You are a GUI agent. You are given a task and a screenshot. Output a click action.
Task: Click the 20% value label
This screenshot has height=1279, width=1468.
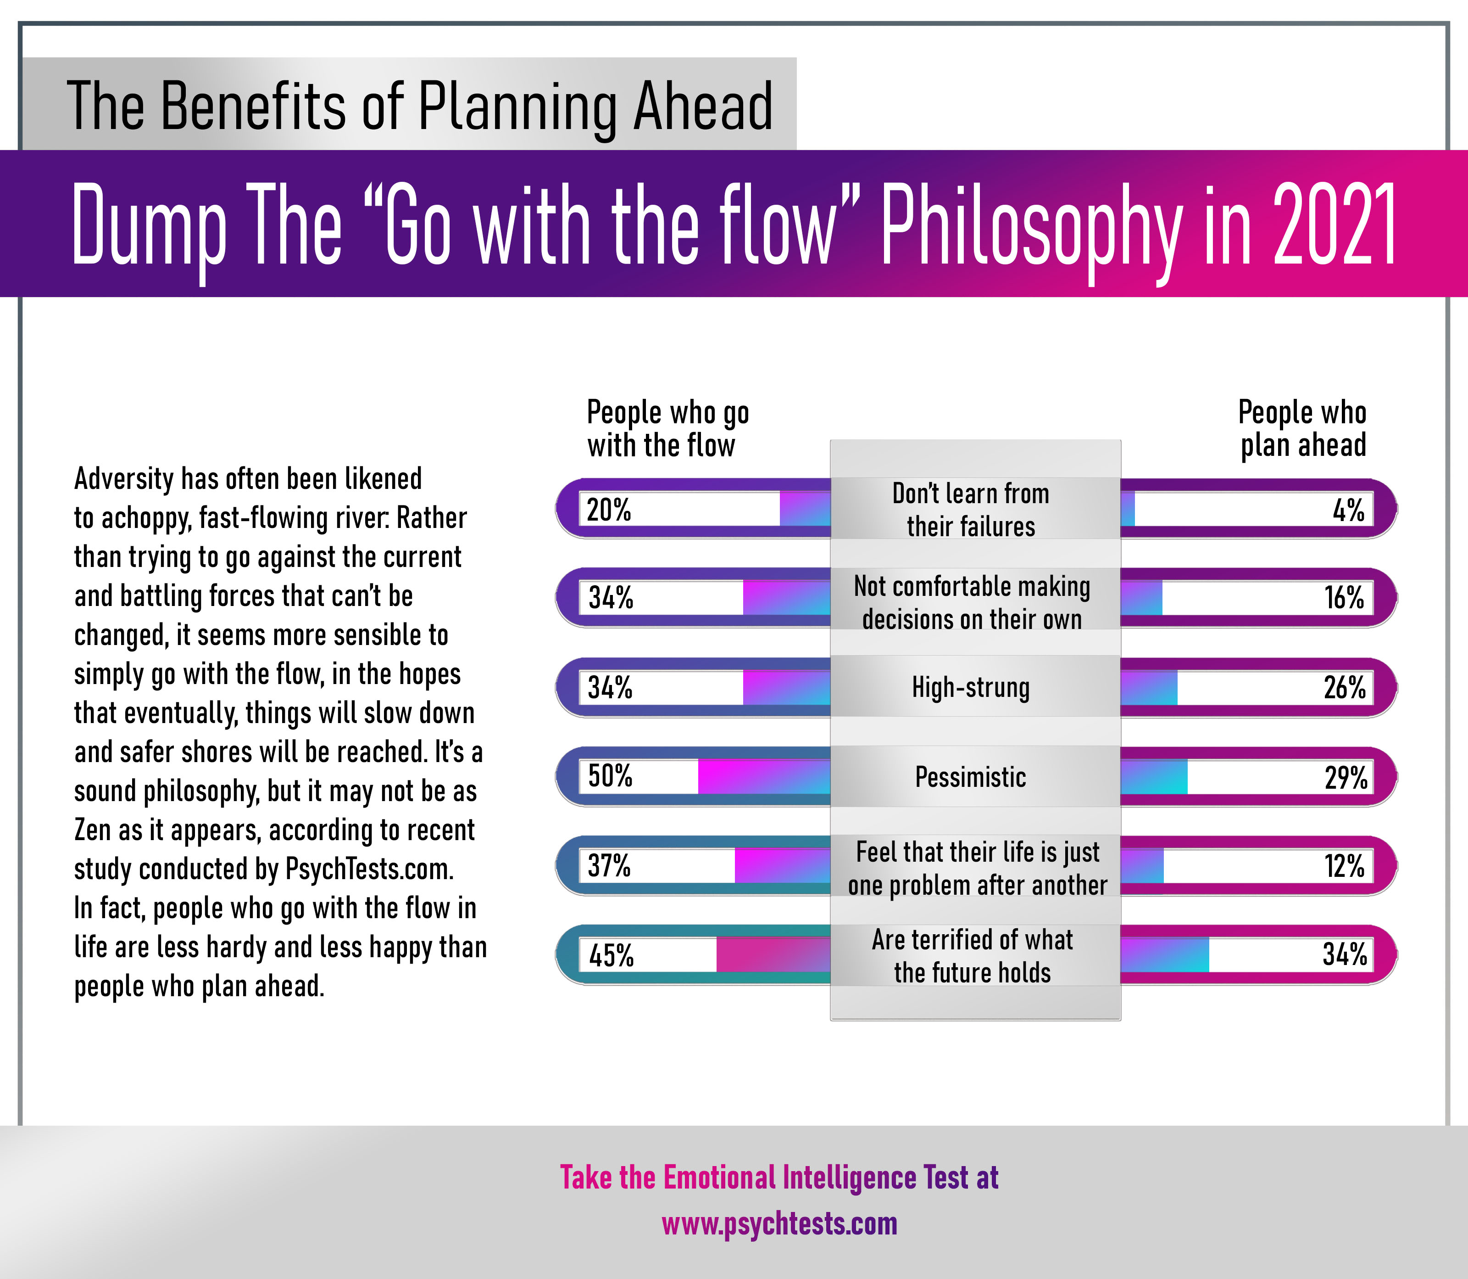coord(608,510)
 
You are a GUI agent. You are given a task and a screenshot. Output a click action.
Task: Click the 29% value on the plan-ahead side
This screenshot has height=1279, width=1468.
coord(1346,777)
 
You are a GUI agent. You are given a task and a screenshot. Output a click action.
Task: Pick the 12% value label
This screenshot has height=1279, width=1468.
coord(1344,866)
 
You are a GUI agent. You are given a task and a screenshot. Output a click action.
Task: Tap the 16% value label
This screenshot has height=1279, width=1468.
coord(1344,598)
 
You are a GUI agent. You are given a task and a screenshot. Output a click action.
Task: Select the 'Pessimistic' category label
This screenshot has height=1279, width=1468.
coord(970,777)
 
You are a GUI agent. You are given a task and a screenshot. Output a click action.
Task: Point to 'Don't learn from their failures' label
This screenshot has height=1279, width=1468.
coord(970,510)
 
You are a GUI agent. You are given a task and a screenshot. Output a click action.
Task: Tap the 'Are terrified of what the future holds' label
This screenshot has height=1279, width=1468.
coord(972,956)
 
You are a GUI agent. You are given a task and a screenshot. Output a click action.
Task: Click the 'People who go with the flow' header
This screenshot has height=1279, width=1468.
coord(667,428)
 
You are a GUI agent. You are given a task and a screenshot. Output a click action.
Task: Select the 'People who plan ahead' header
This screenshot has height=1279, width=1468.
coord(1302,428)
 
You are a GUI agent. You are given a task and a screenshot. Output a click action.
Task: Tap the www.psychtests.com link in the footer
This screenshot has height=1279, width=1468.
coord(779,1223)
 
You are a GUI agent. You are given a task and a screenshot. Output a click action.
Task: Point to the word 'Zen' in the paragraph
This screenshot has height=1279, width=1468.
coord(91,830)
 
